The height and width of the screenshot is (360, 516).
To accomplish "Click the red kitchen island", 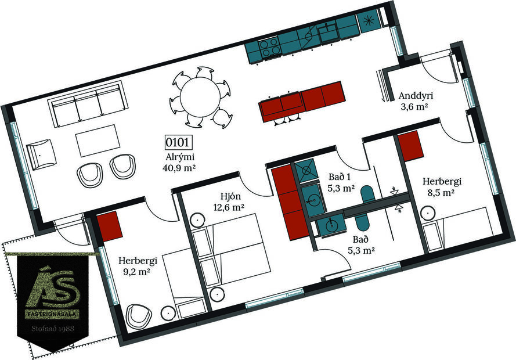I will click(302, 100).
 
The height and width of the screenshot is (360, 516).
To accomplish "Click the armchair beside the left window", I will click(41, 154).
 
